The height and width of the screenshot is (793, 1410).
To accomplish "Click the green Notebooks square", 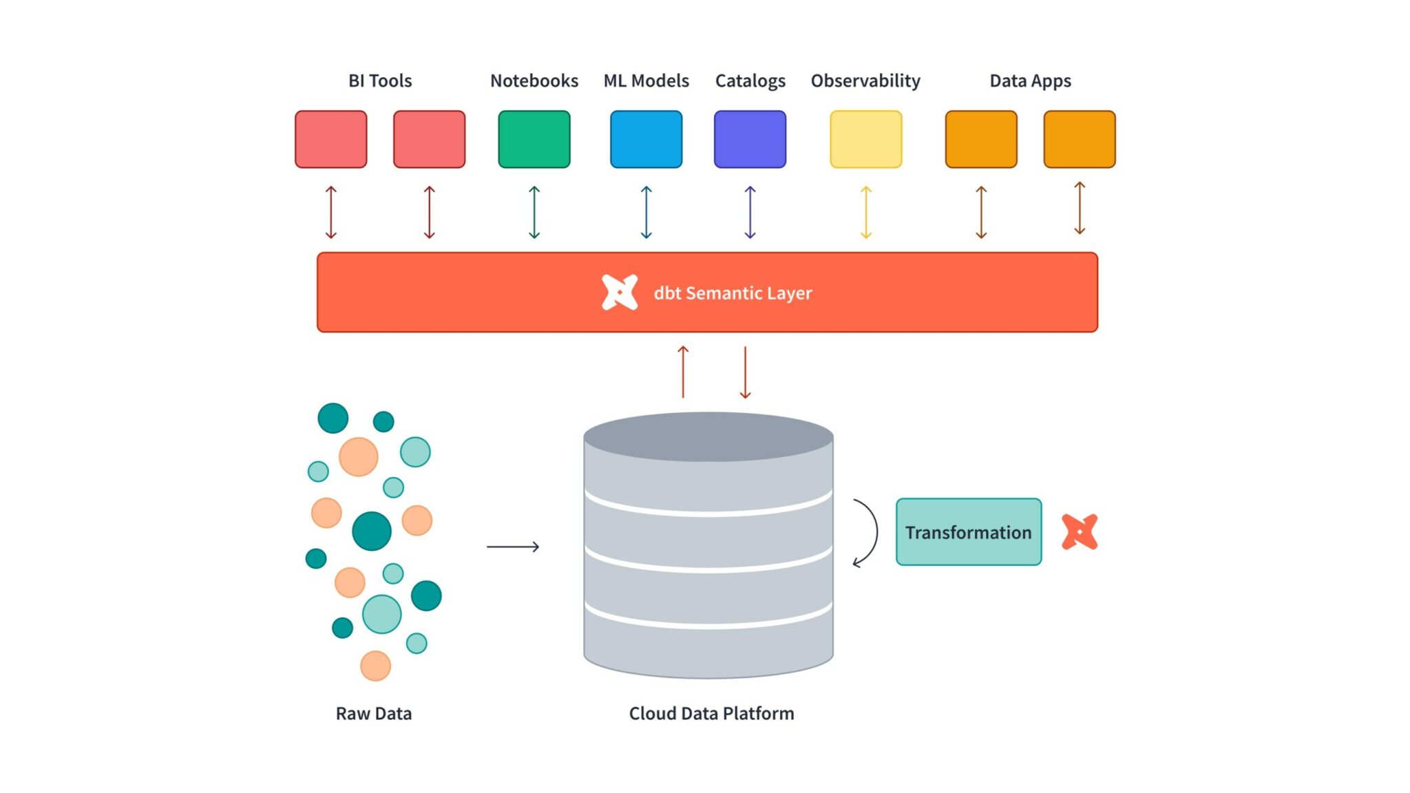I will click(534, 139).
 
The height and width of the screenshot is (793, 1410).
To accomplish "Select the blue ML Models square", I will click(646, 139).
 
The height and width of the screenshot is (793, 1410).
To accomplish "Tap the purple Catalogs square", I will click(750, 139).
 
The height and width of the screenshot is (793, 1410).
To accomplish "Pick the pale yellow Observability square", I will click(865, 139).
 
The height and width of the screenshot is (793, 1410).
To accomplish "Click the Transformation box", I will click(968, 532).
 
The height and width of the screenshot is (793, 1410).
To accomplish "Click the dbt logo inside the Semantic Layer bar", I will click(619, 293).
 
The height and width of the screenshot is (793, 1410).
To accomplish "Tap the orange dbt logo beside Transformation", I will click(1079, 531).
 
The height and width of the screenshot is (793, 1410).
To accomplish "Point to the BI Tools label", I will click(380, 81).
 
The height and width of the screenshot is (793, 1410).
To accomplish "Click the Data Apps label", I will click(1030, 81).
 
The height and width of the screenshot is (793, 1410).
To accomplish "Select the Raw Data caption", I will click(373, 713).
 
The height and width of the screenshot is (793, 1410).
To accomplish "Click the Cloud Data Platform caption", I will click(711, 713).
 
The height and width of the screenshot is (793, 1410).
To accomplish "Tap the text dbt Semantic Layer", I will click(733, 293).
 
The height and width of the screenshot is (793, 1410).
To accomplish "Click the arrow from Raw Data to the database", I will click(513, 547).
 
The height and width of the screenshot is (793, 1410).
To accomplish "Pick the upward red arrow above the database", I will click(683, 372).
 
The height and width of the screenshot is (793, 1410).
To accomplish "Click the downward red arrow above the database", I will click(745, 372).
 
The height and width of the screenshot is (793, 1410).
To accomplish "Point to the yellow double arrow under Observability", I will click(866, 212).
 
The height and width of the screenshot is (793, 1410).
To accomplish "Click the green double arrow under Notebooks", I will click(534, 212).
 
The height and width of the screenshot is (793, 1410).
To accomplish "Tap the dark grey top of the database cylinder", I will click(708, 436).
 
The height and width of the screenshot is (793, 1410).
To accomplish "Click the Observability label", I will click(865, 81).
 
